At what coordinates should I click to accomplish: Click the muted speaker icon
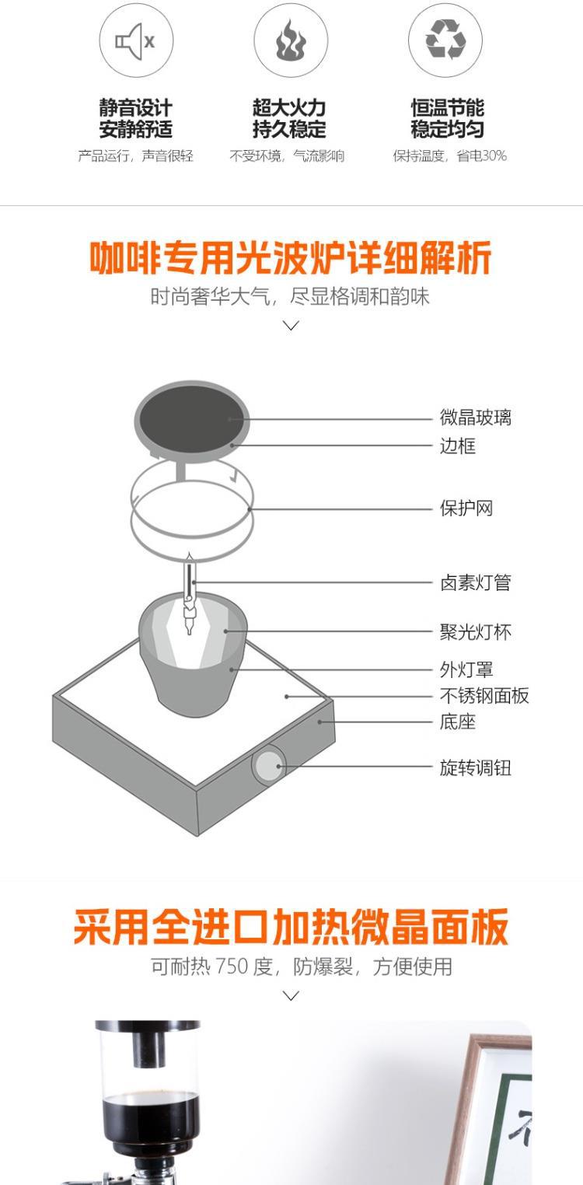pyautogui.click(x=136, y=40)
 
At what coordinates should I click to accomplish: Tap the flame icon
pyautogui.click(x=291, y=40)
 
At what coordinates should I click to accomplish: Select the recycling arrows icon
pyautogui.click(x=445, y=40)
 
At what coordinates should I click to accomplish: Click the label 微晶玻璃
pyautogui.click(x=476, y=418)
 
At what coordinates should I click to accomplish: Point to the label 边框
pyautogui.click(x=458, y=446)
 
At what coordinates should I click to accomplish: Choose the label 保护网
pyautogui.click(x=466, y=509)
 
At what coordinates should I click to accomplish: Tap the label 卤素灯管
pyautogui.click(x=476, y=583)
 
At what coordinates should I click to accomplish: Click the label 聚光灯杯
pyautogui.click(x=476, y=632)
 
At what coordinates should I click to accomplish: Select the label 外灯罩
pyautogui.click(x=466, y=670)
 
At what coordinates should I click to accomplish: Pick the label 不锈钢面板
pyautogui.click(x=484, y=696)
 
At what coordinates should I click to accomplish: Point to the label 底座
pyautogui.click(x=458, y=722)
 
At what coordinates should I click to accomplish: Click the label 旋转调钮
pyautogui.click(x=476, y=768)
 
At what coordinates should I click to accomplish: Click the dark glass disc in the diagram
pyautogui.click(x=192, y=418)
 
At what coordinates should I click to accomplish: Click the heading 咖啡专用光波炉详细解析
pyautogui.click(x=291, y=259)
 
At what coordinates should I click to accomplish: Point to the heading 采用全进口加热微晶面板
pyautogui.click(x=291, y=926)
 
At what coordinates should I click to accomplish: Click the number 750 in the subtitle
pyautogui.click(x=232, y=967)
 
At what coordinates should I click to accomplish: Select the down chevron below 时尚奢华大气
pyautogui.click(x=291, y=326)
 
